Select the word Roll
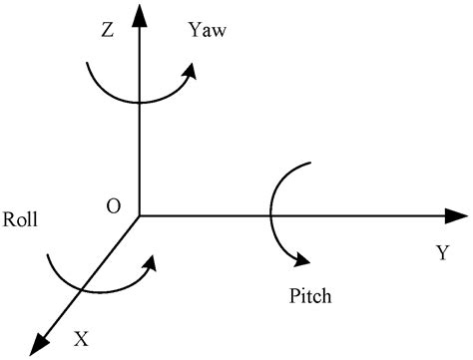click(21, 218)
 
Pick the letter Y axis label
click(441, 254)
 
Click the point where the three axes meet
click(138, 215)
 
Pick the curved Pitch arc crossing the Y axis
click(268, 215)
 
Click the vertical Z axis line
click(138, 150)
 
